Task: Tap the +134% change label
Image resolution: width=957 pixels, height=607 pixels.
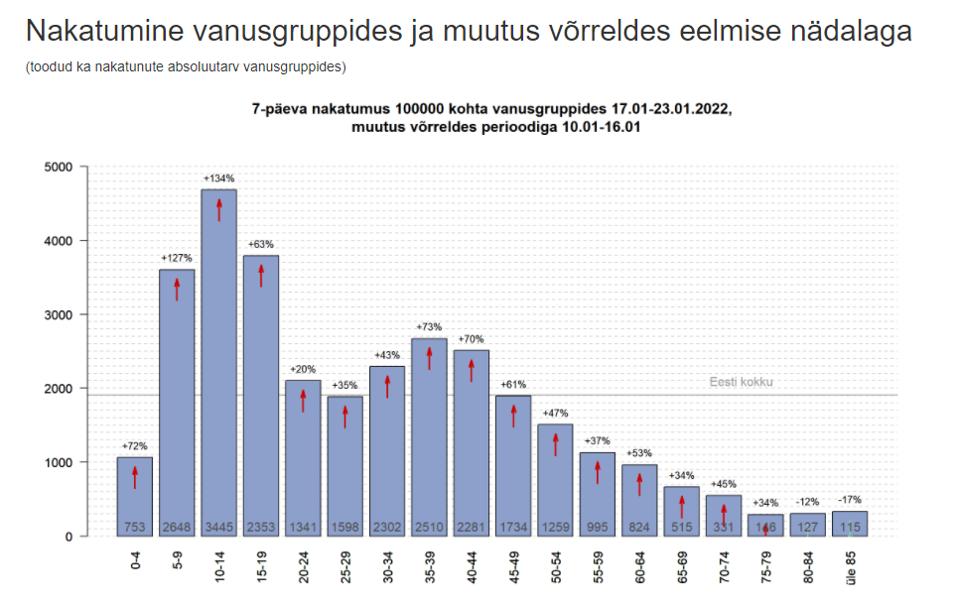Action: (x=218, y=179)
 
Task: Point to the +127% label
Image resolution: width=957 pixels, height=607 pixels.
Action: (x=177, y=259)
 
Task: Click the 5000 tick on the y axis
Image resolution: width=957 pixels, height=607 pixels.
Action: (x=60, y=167)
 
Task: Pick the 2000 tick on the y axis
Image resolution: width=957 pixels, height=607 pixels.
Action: (x=60, y=389)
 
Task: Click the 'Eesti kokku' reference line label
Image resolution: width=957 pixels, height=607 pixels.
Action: (x=741, y=382)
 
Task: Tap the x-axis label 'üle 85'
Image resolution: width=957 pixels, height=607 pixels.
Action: (x=851, y=566)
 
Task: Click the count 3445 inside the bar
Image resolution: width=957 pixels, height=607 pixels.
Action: (x=218, y=525)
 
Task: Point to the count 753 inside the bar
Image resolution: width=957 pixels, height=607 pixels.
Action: (x=135, y=525)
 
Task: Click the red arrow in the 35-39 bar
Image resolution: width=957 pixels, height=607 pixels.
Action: (x=430, y=357)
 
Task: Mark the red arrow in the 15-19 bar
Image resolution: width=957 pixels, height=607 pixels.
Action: (x=262, y=275)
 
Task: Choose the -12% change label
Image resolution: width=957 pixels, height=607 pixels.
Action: (x=807, y=502)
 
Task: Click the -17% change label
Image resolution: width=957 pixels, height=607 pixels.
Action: (x=850, y=500)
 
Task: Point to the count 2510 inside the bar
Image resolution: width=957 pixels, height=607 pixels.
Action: (x=430, y=525)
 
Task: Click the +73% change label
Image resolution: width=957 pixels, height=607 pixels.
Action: (x=429, y=327)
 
